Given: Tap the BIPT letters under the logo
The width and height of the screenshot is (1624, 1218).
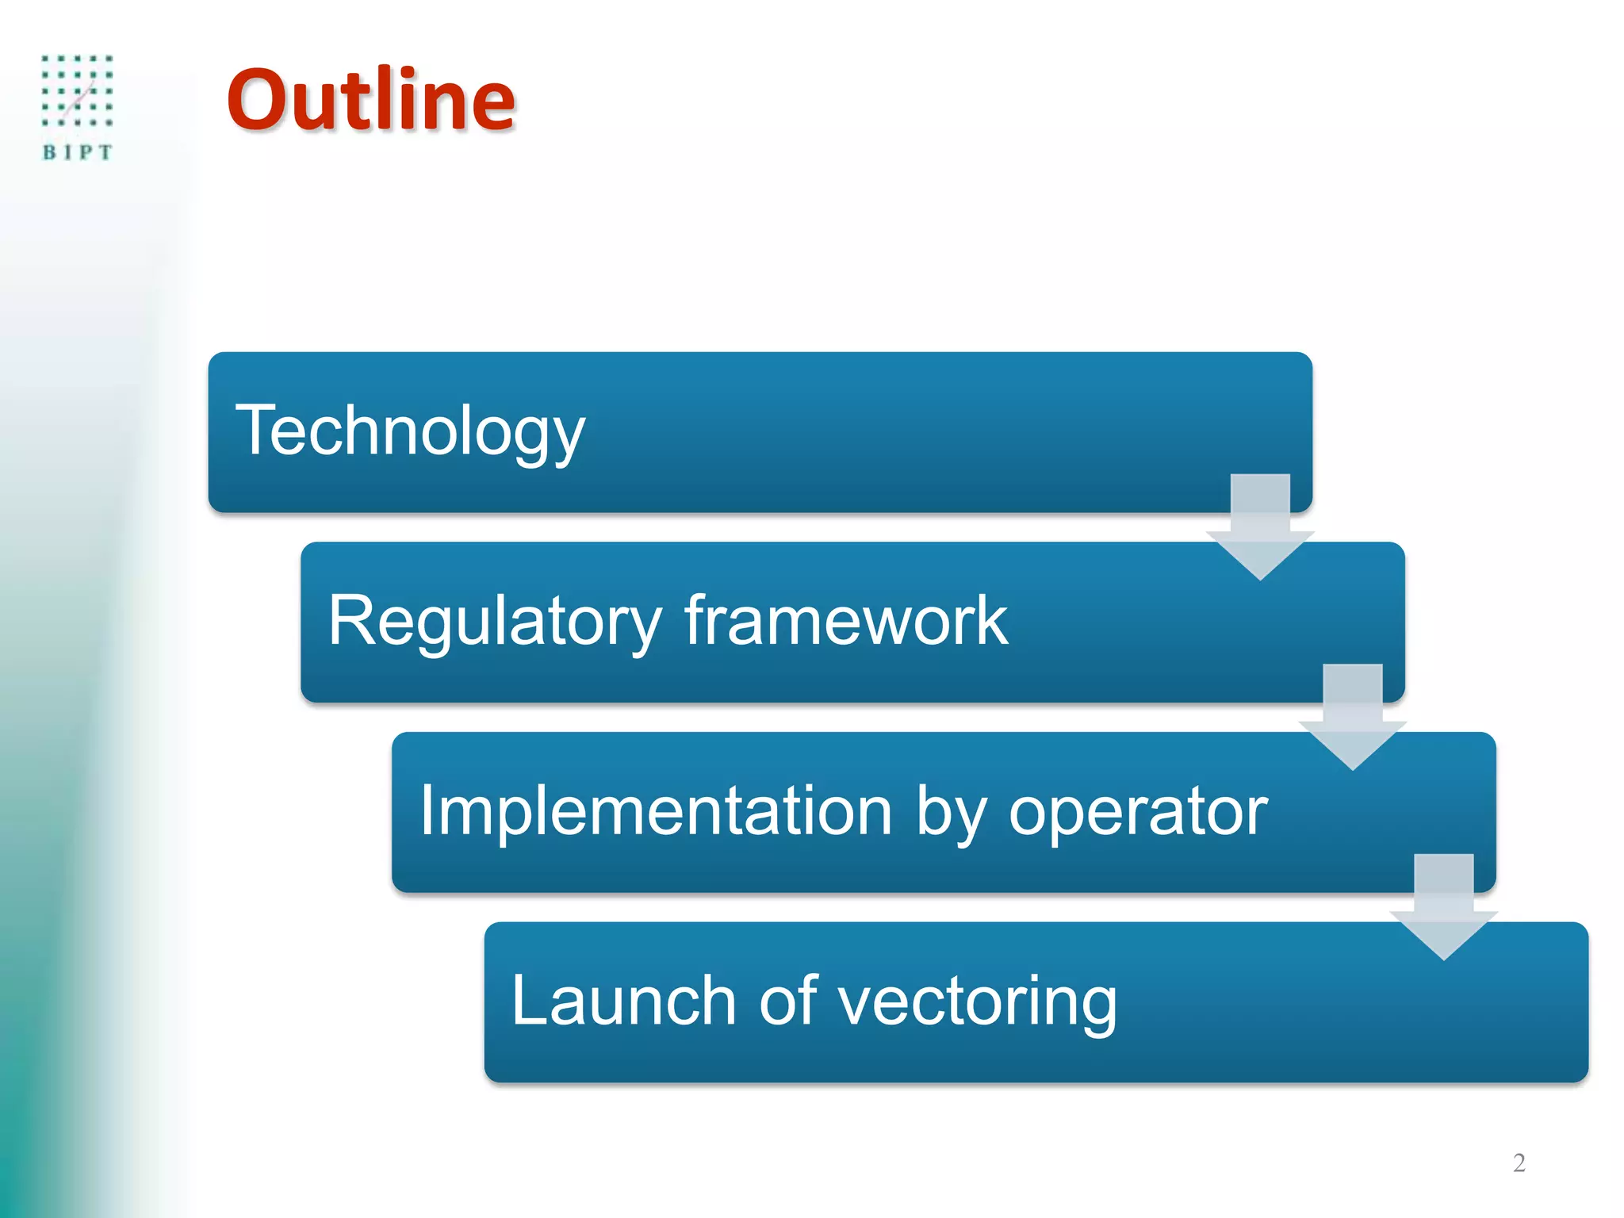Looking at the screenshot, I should (77, 152).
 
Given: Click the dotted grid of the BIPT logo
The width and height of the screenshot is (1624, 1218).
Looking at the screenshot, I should (77, 90).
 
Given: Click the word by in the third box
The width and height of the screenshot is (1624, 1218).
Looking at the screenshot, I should (951, 812).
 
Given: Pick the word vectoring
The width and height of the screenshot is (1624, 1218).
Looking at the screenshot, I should (977, 1002).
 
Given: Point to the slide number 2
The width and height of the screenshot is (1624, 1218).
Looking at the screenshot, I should (1519, 1162).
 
